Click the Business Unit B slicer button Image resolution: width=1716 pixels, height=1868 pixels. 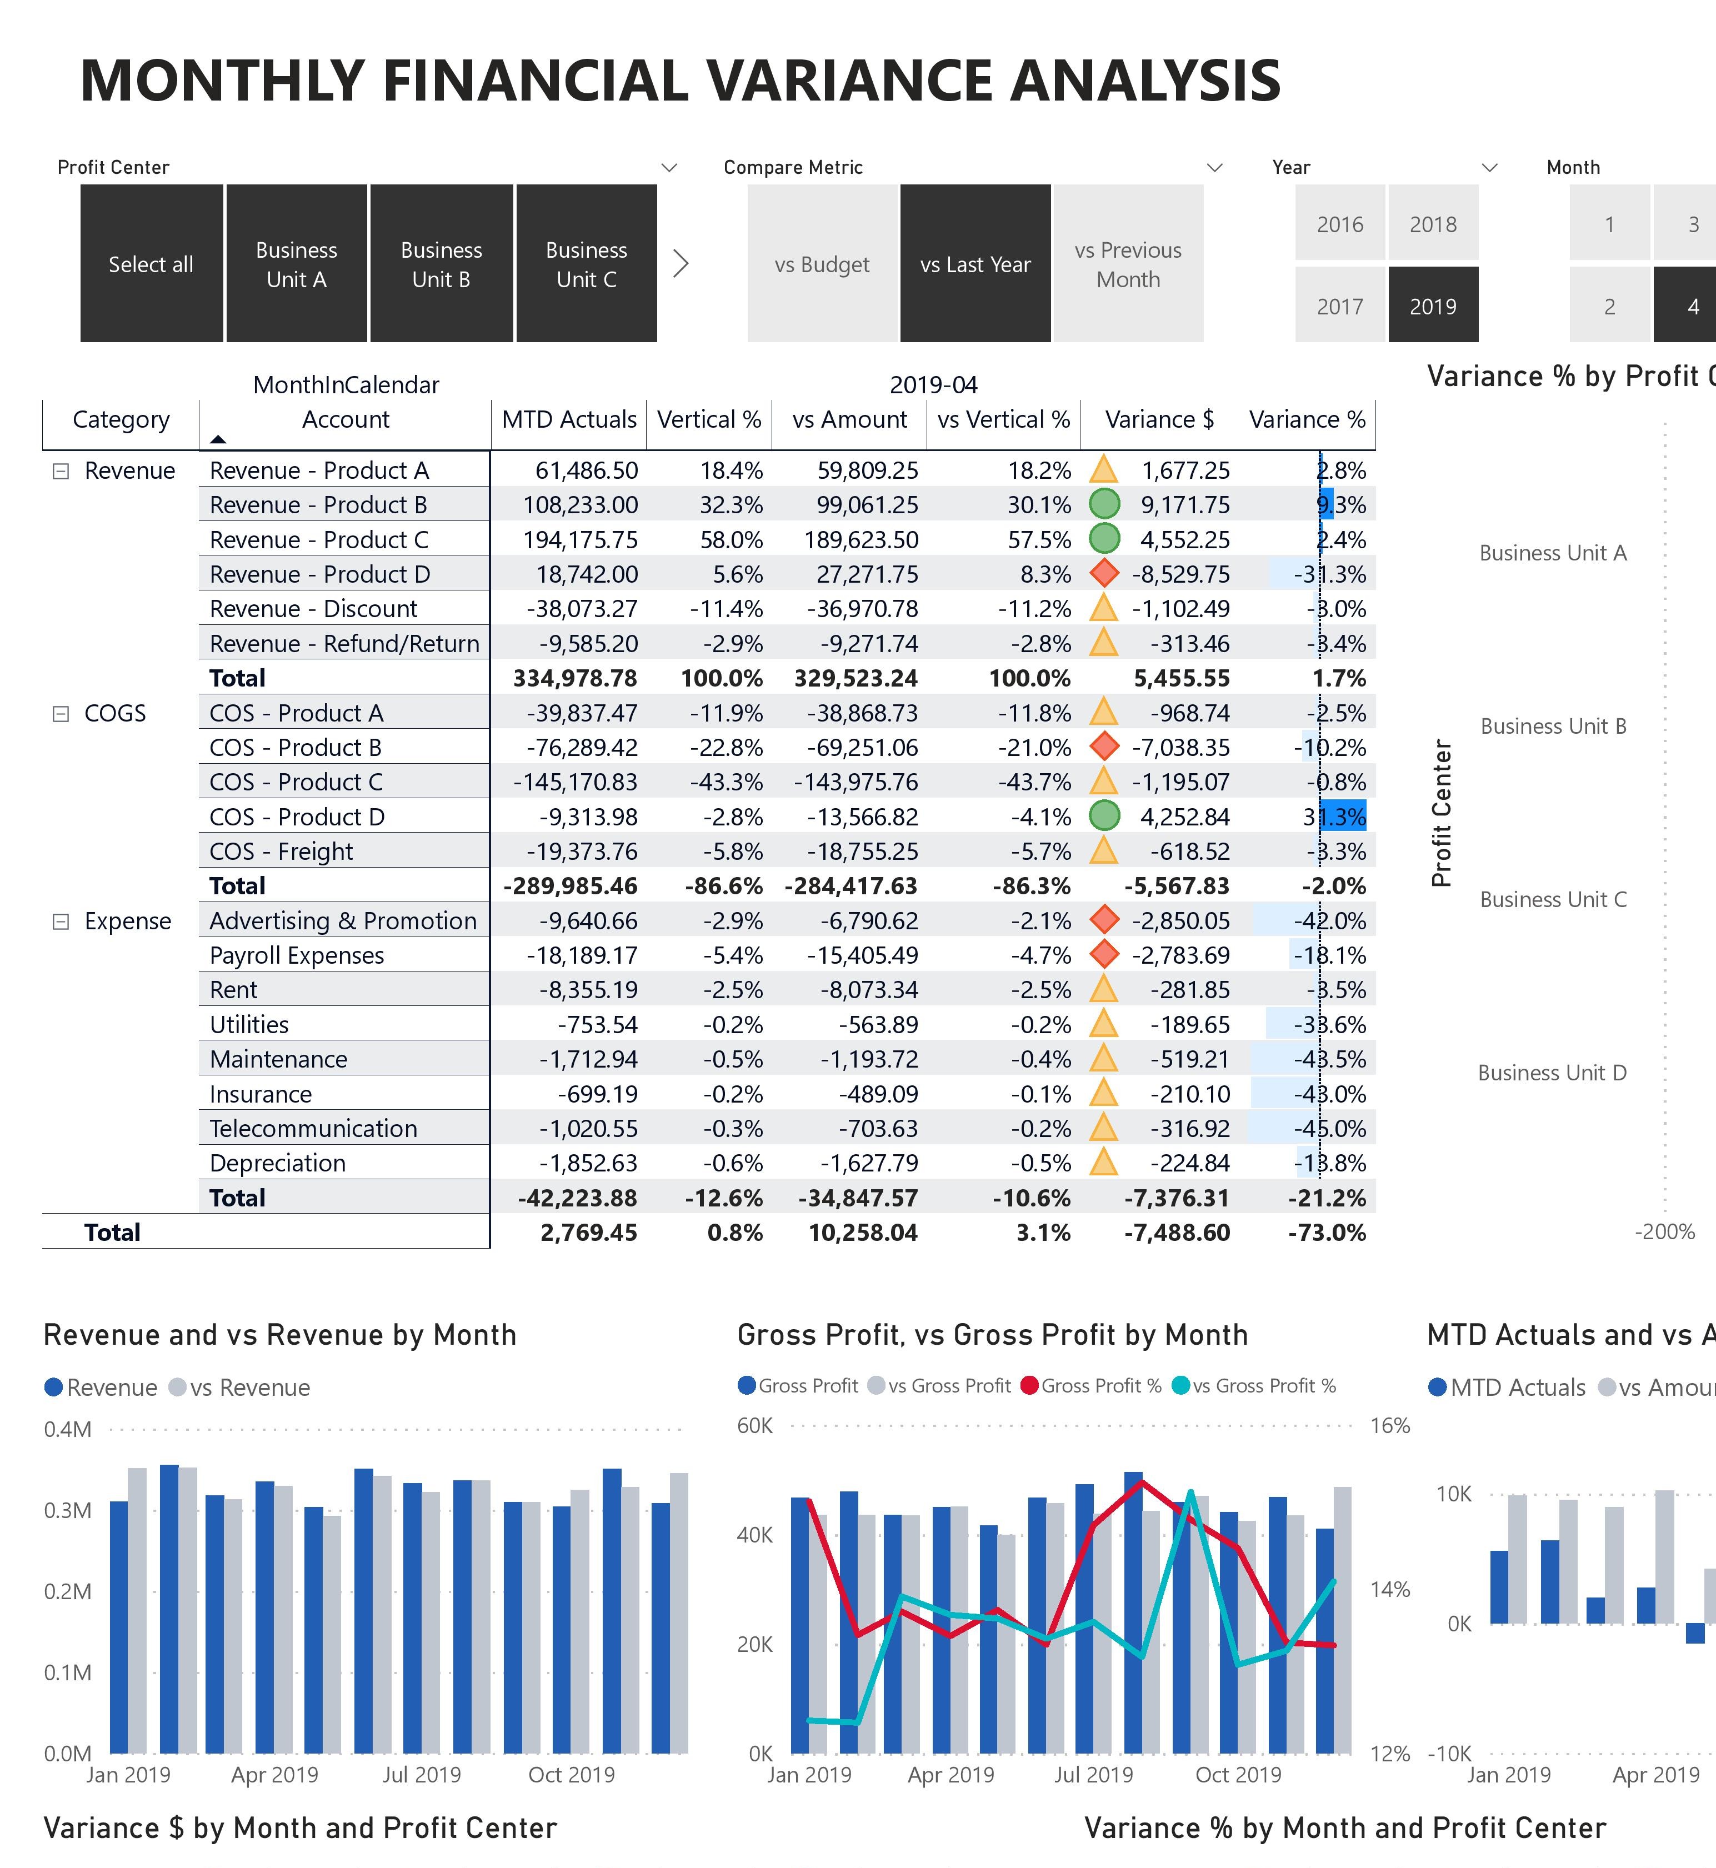coord(441,264)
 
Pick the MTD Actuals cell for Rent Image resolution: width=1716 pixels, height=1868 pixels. coord(588,990)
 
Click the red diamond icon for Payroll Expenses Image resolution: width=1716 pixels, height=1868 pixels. coord(1103,954)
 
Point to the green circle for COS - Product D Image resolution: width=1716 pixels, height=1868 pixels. coord(1103,816)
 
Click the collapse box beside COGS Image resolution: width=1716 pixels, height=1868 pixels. coord(61,713)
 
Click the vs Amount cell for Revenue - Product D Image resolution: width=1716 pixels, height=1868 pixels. coord(867,574)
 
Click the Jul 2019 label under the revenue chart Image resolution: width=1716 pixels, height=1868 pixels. coord(422,1774)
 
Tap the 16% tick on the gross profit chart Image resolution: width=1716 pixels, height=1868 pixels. coord(1390,1425)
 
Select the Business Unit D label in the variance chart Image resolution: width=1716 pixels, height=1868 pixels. coord(1553,1073)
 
